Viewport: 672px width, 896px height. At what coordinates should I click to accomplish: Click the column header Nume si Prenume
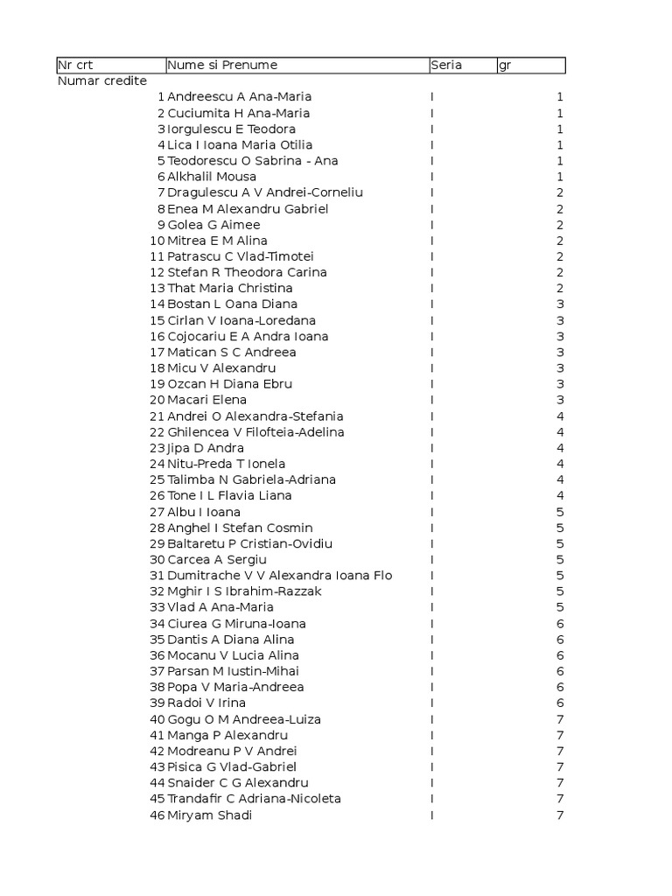click(x=222, y=66)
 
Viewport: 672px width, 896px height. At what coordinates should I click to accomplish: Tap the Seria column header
click(x=446, y=66)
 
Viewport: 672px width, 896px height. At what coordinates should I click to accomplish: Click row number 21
click(x=157, y=416)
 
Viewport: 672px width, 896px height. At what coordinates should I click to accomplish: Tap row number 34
click(x=157, y=624)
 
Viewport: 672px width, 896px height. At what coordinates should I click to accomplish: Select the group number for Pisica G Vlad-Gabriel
click(x=560, y=766)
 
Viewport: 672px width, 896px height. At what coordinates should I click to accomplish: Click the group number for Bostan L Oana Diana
click(x=560, y=304)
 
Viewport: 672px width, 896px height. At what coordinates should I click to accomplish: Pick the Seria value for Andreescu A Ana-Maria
click(x=432, y=97)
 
